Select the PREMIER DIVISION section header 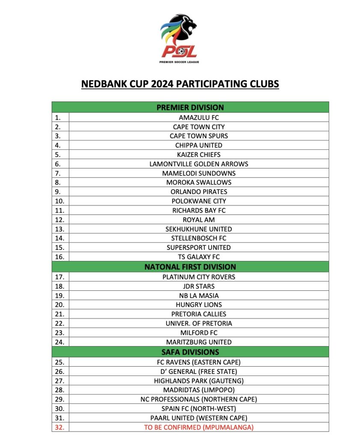click(x=190, y=107)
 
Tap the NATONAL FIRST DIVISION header click(x=190, y=267)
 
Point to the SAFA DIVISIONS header click(x=190, y=352)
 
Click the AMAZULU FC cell click(x=199, y=117)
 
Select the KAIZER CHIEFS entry click(x=199, y=154)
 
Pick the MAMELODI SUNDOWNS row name click(x=199, y=173)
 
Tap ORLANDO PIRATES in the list click(x=199, y=192)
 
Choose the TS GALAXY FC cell click(x=199, y=257)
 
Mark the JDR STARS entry click(x=199, y=286)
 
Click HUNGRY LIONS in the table click(x=199, y=305)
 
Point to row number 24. click(x=60, y=342)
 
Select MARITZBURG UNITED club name click(x=199, y=342)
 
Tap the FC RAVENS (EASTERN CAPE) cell click(x=199, y=362)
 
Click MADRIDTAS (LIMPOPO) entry click(x=199, y=390)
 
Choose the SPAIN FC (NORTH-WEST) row click(x=199, y=408)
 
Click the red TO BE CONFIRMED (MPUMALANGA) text click(x=199, y=427)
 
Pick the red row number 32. click(x=60, y=427)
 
